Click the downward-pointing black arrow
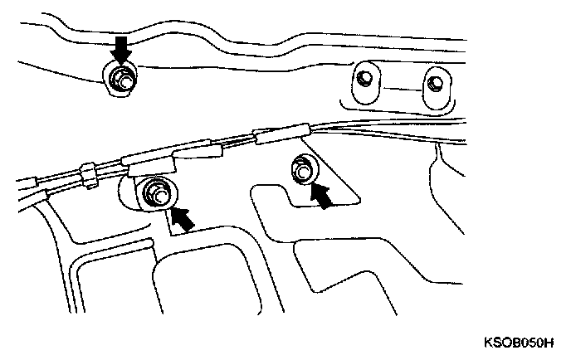[121, 50]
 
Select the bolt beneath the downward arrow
[122, 80]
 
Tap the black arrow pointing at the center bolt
[321, 197]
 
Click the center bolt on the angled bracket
[302, 170]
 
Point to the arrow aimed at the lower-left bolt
[183, 218]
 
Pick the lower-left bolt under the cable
[158, 194]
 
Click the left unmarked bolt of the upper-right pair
[364, 78]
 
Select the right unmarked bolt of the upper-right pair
[434, 84]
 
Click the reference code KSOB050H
[519, 343]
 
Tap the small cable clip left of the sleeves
[88, 176]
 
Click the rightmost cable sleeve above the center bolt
[282, 134]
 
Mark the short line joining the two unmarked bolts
[401, 89]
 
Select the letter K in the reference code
[488, 343]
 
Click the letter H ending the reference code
[549, 343]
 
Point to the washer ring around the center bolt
[305, 169]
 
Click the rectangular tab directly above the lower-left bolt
[152, 168]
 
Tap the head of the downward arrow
[121, 57]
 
